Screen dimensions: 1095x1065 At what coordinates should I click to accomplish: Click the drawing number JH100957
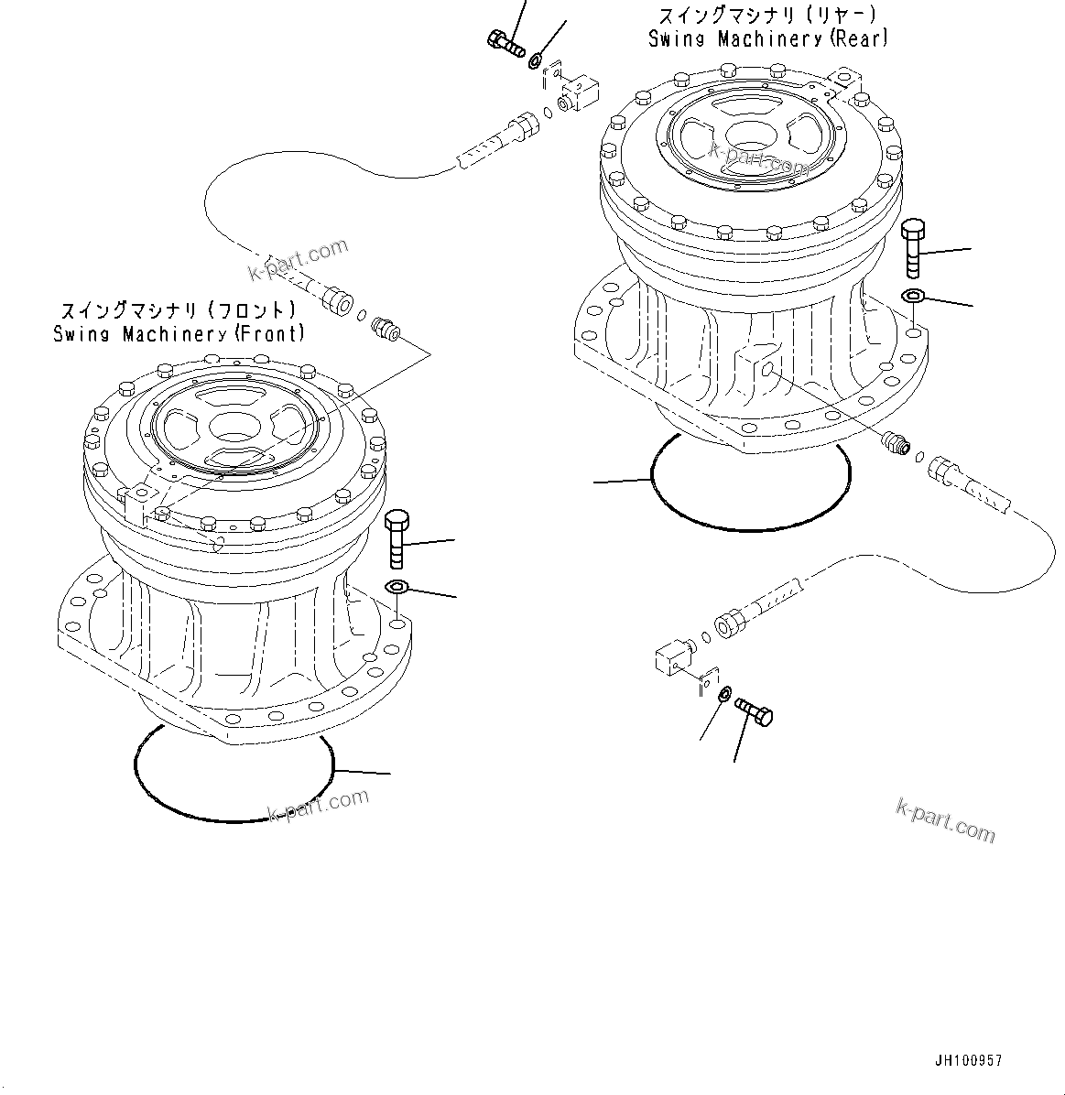pos(968,1061)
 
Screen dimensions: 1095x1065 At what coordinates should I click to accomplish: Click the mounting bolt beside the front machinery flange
pos(397,541)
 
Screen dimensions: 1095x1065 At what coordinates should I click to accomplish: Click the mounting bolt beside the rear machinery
pos(913,248)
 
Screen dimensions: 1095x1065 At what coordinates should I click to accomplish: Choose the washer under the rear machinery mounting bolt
pos(913,296)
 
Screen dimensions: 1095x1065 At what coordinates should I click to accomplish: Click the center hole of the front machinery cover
pos(235,426)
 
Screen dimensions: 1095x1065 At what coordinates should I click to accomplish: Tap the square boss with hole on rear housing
pos(759,363)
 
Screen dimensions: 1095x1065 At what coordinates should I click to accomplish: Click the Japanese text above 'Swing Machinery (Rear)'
pos(767,16)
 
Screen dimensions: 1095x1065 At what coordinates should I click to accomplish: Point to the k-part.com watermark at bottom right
pos(945,819)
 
